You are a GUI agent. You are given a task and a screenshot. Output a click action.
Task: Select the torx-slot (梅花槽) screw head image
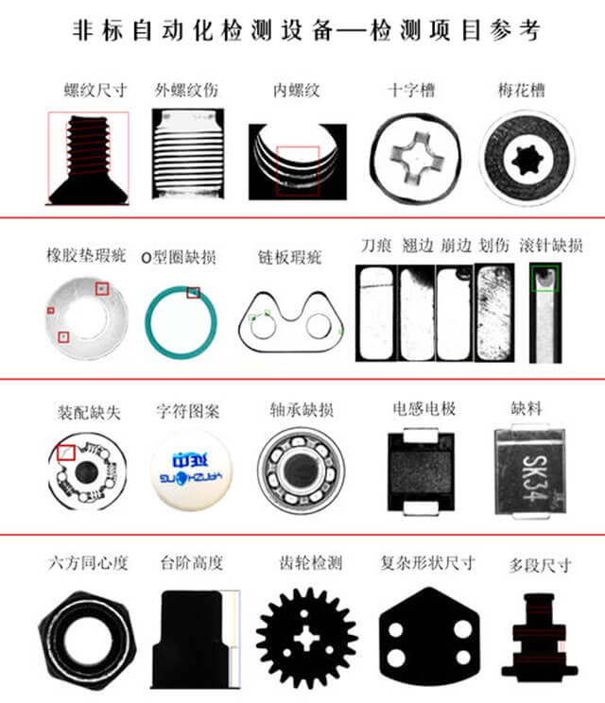(x=527, y=157)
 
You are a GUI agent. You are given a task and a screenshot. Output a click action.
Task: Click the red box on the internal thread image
(x=298, y=171)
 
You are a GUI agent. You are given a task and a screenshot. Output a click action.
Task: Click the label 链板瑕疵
(x=290, y=256)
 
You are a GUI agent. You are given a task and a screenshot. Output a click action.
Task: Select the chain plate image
(x=290, y=322)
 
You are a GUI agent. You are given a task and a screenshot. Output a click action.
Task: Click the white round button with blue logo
(x=191, y=470)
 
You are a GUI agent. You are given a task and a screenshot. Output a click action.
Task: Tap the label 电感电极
(x=424, y=409)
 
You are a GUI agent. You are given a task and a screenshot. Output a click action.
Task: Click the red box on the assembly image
(x=66, y=453)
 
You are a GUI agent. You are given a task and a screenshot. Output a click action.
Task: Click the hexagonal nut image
(x=87, y=634)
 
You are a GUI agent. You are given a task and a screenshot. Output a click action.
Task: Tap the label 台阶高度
(x=192, y=563)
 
